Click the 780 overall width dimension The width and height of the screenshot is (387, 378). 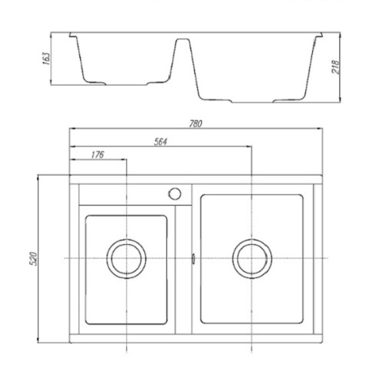coord(196,123)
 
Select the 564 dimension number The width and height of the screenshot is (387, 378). coord(160,141)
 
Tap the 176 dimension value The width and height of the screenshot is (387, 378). coord(98,154)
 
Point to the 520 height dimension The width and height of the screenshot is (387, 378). coord(33,259)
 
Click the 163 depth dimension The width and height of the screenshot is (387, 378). coord(46,58)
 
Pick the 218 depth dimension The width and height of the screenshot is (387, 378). coord(336,67)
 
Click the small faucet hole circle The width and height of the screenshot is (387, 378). coord(175,194)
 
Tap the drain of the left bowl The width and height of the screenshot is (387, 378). coord(126,259)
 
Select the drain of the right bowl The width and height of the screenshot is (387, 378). coord(252,259)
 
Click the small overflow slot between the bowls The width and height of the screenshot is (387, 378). coord(193,259)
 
